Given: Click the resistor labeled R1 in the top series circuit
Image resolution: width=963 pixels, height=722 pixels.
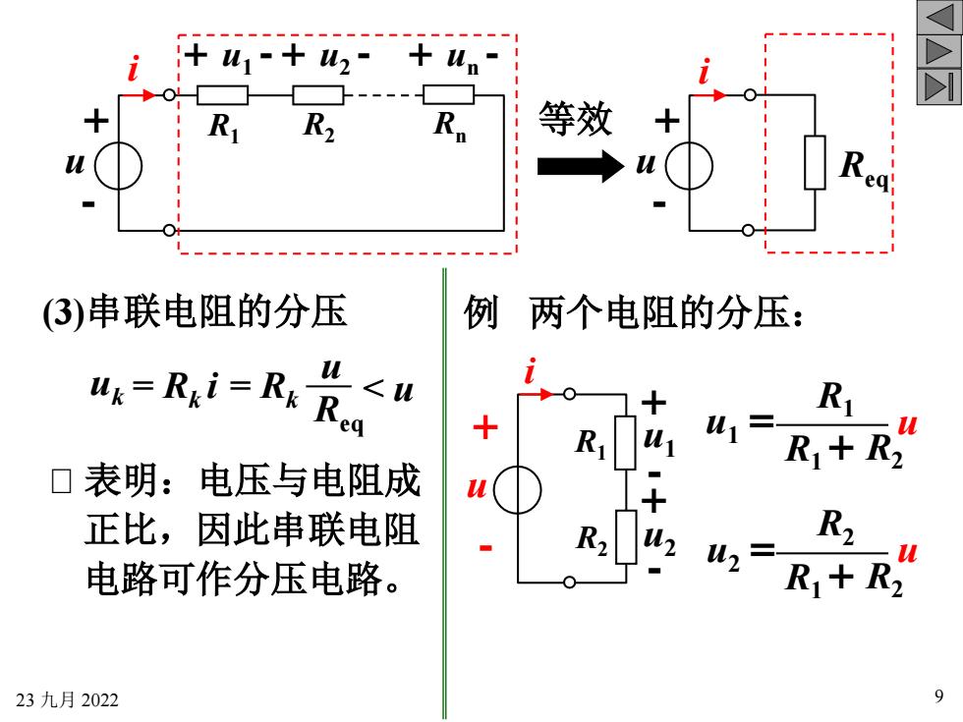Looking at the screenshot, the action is [x=222, y=95].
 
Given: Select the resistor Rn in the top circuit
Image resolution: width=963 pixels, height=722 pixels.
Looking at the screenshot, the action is [x=448, y=95].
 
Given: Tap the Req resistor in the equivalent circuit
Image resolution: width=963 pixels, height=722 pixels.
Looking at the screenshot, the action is [x=815, y=162].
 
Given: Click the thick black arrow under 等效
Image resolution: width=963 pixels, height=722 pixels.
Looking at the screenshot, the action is [x=581, y=166].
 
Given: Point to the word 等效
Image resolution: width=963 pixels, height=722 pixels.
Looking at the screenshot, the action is [x=576, y=119].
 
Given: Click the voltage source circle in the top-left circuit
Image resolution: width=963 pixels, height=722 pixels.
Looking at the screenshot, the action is [x=119, y=166].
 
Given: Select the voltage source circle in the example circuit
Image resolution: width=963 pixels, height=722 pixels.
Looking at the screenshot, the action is [x=518, y=489].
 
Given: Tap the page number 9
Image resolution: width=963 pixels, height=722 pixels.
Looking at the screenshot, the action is [x=939, y=695].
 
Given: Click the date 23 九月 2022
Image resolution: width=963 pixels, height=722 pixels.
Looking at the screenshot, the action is [x=67, y=699].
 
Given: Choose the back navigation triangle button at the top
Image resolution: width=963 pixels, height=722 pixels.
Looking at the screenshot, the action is [x=939, y=18].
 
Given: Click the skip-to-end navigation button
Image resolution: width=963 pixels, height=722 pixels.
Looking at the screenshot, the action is [x=939, y=86].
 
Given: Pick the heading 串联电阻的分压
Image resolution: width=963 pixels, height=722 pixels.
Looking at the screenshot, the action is [x=218, y=311].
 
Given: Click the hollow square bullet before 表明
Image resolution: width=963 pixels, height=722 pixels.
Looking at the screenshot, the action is [x=61, y=481].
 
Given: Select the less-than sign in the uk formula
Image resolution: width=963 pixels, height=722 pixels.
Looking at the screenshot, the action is [x=373, y=387].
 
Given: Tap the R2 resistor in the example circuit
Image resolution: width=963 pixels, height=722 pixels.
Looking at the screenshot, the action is [x=626, y=536].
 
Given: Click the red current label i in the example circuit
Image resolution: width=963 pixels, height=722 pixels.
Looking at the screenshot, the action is [x=531, y=370].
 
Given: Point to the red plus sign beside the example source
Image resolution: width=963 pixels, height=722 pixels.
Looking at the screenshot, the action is [x=485, y=427].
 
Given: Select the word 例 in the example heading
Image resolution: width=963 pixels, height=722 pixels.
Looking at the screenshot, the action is [x=481, y=312].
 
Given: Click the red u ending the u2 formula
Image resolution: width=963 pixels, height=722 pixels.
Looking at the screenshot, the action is [x=907, y=553].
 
